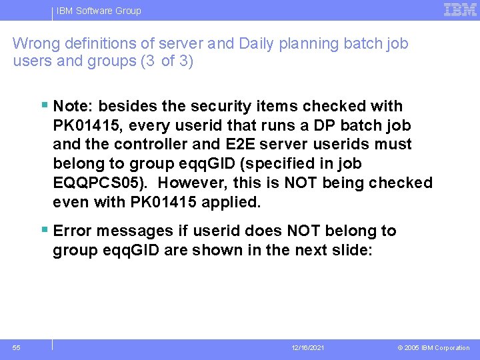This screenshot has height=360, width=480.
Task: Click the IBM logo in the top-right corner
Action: coord(460,10)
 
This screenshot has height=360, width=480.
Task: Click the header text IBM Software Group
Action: coord(99,11)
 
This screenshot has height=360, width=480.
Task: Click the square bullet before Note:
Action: coord(44,105)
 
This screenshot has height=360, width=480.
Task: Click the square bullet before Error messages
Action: coord(44,230)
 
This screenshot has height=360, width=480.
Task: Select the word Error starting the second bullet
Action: coord(73,231)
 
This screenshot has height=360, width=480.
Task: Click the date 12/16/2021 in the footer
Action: coord(308,348)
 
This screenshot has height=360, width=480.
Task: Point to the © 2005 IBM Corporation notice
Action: coord(433,348)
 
